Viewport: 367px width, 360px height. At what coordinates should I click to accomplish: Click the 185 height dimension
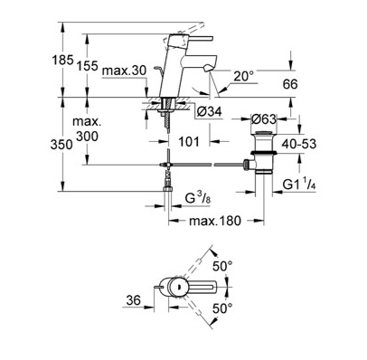coord(62,60)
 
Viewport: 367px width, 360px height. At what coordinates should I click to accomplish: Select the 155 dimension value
coord(88,65)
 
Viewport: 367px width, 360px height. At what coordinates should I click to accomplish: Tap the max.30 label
coord(124,71)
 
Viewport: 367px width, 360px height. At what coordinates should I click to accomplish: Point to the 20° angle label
coord(244,77)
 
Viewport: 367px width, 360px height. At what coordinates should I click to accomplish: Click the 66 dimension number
coord(290,84)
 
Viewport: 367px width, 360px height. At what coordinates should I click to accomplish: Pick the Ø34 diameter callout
coord(210,112)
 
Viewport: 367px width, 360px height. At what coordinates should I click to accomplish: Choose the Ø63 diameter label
coord(263,119)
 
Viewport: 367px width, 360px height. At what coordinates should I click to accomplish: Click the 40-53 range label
coord(299,144)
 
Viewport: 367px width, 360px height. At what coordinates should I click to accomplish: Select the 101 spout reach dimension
coord(189,141)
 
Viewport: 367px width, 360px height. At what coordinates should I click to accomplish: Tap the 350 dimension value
coord(61,145)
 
